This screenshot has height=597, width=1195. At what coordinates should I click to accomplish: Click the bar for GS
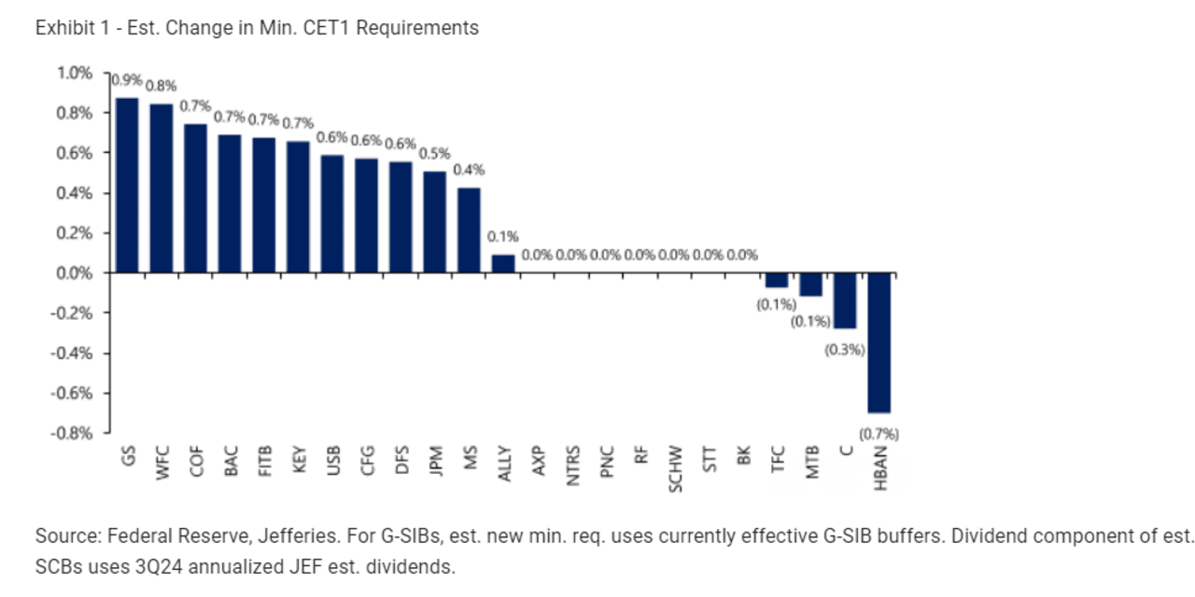pos(128,186)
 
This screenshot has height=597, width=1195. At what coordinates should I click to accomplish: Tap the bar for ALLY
pos(503,264)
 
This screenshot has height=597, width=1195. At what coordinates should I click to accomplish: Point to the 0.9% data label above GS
pos(127,80)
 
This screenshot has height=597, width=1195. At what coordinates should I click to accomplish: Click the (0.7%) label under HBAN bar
pos(879,434)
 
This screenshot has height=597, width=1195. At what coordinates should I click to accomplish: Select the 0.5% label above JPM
pos(435,154)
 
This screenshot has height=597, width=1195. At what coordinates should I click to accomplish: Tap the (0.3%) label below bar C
pos(844,350)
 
